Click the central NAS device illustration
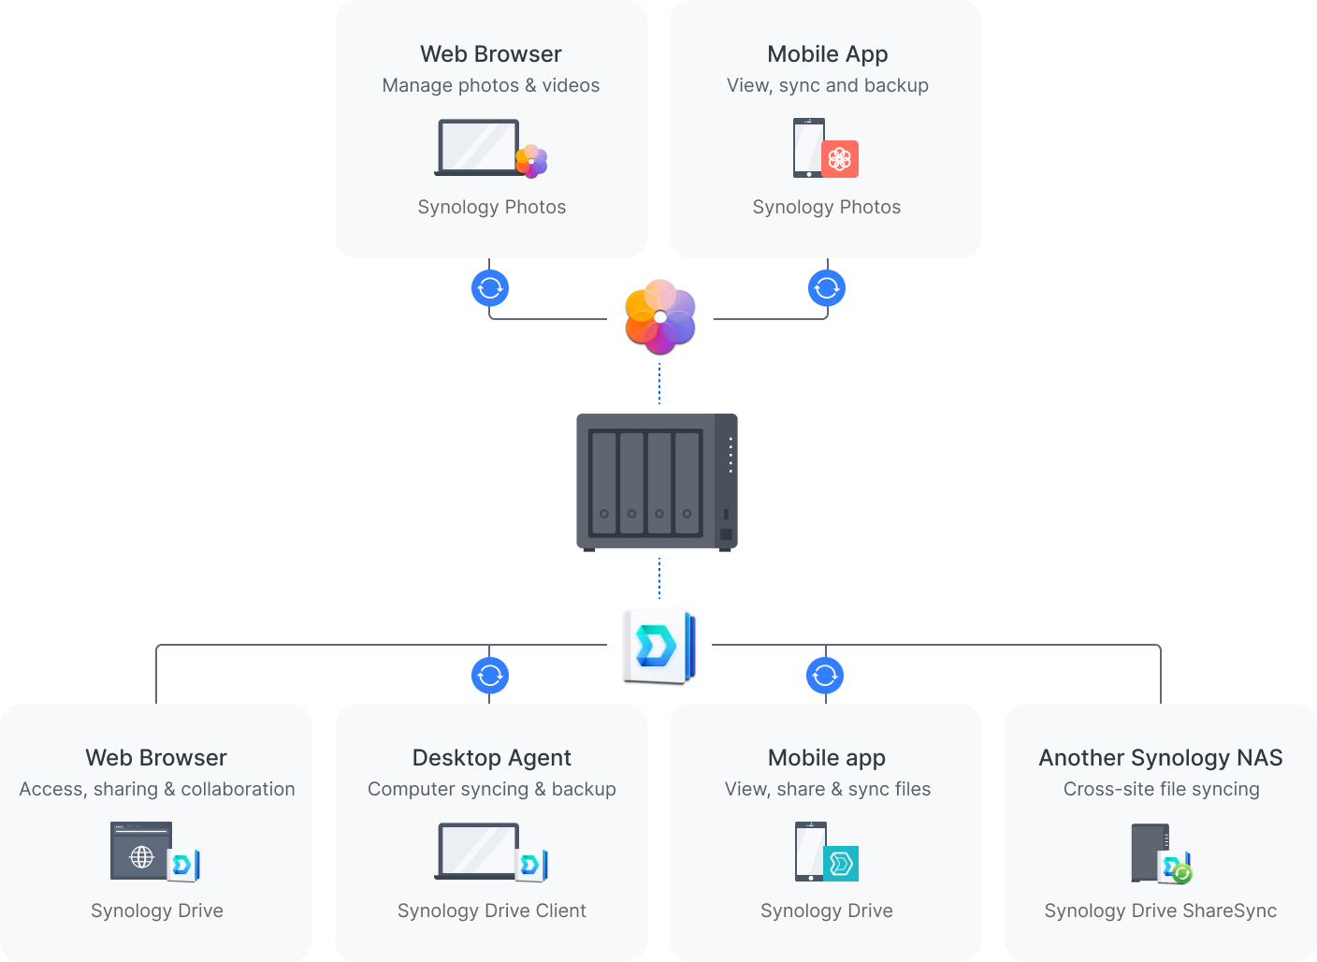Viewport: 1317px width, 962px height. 657,482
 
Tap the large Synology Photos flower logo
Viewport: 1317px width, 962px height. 660,316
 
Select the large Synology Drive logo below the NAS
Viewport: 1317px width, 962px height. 658,645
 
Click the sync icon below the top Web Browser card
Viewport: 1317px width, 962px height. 490,288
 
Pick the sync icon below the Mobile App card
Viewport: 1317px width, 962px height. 827,288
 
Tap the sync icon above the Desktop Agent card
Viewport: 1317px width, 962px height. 490,675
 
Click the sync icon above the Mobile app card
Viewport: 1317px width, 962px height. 825,675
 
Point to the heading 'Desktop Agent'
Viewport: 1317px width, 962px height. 491,758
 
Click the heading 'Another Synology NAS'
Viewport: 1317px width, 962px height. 1161,758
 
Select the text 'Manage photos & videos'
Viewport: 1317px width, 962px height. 491,86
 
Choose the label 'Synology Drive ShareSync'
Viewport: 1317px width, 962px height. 1161,911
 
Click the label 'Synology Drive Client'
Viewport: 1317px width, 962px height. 491,911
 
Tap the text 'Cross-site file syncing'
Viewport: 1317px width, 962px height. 1161,790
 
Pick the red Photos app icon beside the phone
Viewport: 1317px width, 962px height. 840,159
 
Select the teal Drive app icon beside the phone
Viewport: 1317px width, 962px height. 841,863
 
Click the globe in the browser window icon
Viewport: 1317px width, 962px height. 141,856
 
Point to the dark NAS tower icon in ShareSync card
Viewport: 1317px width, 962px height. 1150,852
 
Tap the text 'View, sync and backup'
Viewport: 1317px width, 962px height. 828,86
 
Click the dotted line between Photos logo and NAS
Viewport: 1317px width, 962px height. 659,384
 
